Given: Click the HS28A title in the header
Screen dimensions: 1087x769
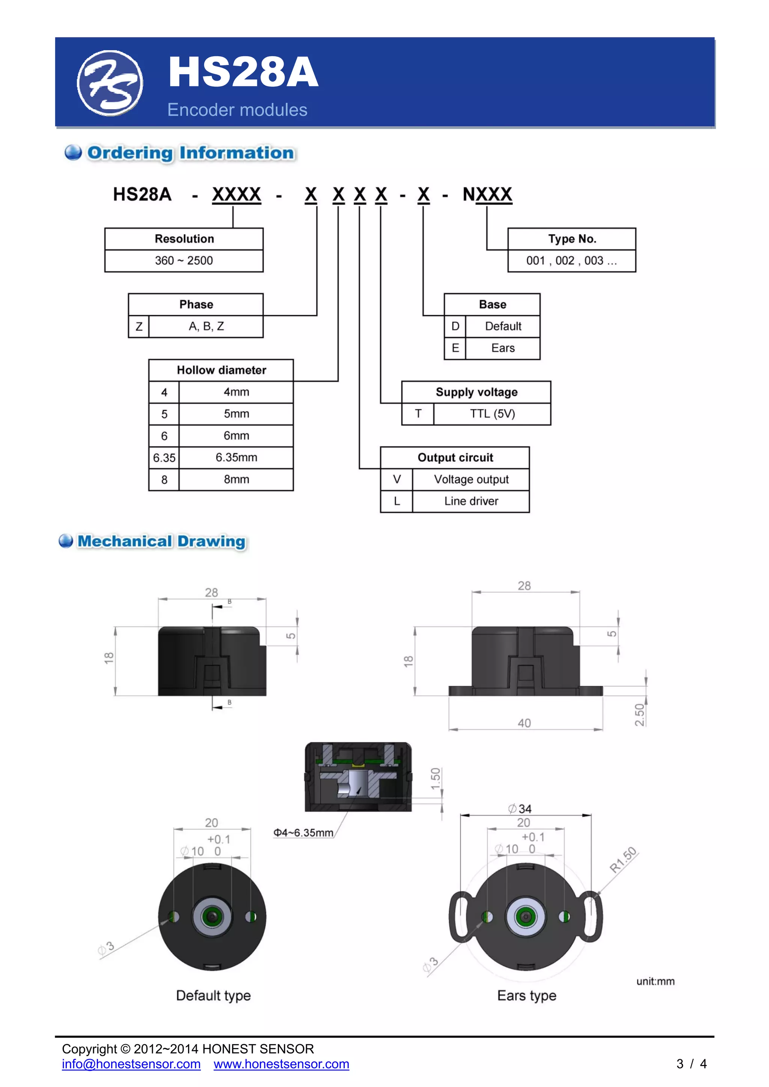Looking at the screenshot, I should pos(243,72).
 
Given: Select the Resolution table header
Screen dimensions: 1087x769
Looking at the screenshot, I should pos(184,239).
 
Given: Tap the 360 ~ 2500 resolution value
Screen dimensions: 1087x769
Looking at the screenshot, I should pos(184,260).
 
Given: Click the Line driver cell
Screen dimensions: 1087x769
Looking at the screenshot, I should pos(471,501).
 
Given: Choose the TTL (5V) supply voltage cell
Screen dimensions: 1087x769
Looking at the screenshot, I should pos(492,414).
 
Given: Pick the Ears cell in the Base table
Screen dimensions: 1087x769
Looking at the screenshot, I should pos(503,348).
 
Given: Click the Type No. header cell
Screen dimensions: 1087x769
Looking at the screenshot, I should pos(572,239).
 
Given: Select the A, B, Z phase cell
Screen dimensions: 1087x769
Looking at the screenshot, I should pos(206,326).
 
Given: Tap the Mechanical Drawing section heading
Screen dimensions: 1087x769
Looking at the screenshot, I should pos(161,541).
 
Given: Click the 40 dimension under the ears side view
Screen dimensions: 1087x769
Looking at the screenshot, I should pos(524,723).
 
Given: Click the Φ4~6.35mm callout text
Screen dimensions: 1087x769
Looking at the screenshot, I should pos(303,833).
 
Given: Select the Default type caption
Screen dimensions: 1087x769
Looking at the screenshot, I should pos(213,995).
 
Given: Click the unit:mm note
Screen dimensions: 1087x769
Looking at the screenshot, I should pos(655,981).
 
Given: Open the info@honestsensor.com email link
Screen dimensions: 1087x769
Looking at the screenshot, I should pos(131,1064).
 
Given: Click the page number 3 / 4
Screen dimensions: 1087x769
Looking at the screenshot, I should pos(691,1064).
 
